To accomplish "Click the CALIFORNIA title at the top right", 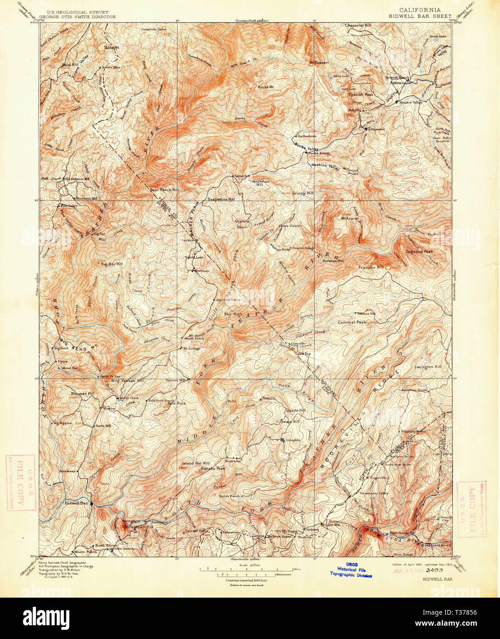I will [420, 10].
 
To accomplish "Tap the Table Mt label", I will [111, 47].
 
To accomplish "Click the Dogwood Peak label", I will [419, 251].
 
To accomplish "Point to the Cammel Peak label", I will [352, 322].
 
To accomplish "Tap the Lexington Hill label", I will [427, 367].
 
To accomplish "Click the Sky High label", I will [233, 314].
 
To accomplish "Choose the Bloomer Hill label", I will [83, 394].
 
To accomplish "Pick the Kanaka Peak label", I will [213, 468].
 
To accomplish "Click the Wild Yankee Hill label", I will [127, 381].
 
